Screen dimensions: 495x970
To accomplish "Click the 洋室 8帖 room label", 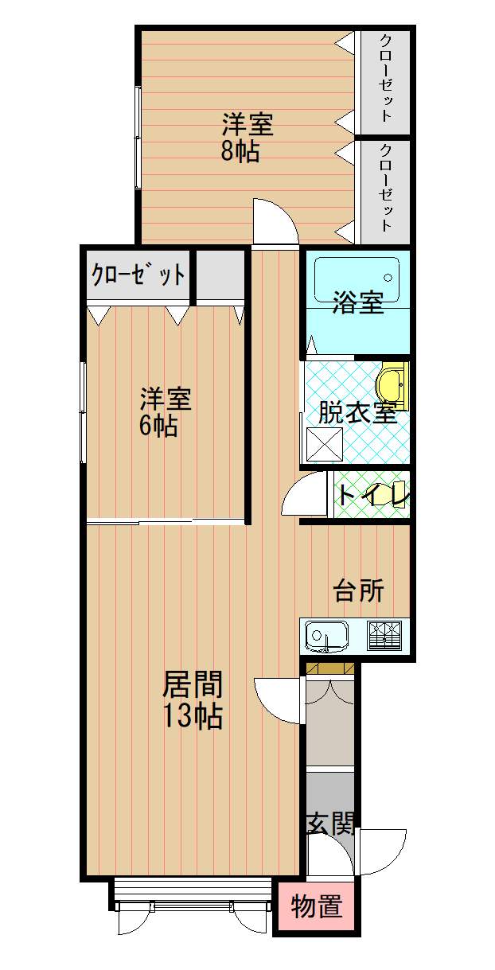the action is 247,138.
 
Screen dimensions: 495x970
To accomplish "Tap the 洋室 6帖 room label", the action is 165,412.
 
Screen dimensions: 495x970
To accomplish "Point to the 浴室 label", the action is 357,302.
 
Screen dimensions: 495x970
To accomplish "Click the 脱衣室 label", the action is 357,412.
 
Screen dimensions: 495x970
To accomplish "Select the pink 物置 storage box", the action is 316,906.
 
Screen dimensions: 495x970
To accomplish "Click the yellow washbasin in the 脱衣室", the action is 392,385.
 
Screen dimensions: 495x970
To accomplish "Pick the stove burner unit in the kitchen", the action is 384,636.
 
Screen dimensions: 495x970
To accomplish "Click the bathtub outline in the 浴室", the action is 357,279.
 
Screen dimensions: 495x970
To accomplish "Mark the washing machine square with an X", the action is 325,446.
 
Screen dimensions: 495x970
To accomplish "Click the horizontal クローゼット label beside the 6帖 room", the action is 138,274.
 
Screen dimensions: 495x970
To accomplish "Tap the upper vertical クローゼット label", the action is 386,78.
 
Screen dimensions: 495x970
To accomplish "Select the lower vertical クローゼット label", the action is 386,188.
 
